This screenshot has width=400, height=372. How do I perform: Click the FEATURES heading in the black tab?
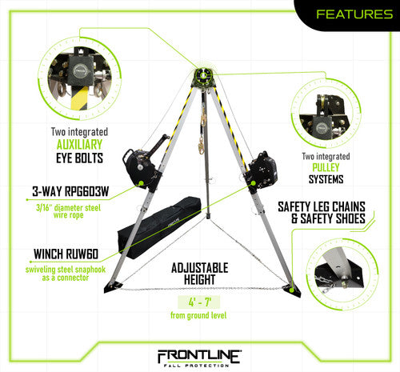click(354, 14)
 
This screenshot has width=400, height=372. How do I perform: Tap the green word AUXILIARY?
click(79, 145)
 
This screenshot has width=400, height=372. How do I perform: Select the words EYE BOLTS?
click(79, 158)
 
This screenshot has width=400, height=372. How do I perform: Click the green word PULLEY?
click(326, 167)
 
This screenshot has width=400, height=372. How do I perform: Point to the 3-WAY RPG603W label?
click(70, 191)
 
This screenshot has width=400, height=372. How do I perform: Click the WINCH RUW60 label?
click(66, 254)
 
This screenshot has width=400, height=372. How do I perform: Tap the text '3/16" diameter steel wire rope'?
click(69, 211)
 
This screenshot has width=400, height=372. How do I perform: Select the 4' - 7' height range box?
click(199, 302)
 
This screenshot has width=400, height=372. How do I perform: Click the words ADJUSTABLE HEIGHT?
click(200, 274)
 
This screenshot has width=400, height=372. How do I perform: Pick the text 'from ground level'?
click(198, 315)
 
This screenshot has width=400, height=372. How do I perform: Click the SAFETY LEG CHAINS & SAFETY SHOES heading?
click(322, 213)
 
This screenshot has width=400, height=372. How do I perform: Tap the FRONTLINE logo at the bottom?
click(199, 358)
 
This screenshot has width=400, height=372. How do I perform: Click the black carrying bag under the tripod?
click(159, 227)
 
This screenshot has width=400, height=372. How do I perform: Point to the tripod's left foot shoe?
click(112, 286)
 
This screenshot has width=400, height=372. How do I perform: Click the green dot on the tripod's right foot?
click(292, 290)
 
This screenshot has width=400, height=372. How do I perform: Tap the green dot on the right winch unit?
click(253, 183)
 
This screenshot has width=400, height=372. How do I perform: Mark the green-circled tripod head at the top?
click(202, 76)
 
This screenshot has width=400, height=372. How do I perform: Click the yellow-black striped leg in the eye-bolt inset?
click(79, 98)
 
